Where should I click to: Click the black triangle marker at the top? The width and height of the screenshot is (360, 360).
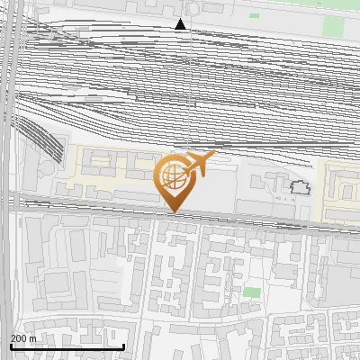[181, 24]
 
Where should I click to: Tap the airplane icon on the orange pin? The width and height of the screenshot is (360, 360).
[200, 163]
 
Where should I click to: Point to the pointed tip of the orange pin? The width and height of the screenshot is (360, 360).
[173, 212]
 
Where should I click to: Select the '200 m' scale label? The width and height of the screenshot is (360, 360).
[23, 338]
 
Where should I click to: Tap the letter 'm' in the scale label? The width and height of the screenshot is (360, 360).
[32, 338]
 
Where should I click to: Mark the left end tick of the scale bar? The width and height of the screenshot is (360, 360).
[11, 346]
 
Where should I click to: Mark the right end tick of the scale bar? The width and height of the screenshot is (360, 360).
[123, 346]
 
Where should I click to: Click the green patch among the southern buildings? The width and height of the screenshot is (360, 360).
[251, 292]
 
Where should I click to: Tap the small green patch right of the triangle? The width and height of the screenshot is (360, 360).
[254, 15]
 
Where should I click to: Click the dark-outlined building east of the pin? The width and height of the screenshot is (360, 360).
[300, 187]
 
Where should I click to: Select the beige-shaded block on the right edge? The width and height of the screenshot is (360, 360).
[342, 191]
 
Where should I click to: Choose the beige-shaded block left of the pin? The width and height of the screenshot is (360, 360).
[108, 171]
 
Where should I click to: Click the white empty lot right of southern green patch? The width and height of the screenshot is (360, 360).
[283, 292]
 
